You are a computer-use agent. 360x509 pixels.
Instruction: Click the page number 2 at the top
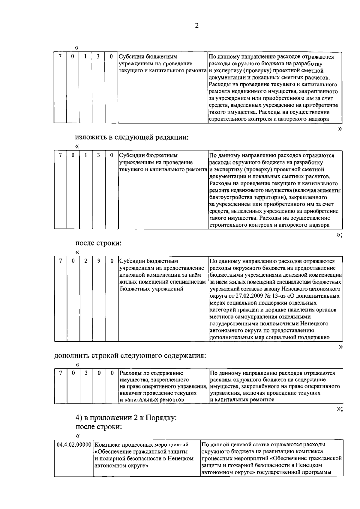tap(196, 26)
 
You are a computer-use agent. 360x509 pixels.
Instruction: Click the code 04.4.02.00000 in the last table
tap(74, 445)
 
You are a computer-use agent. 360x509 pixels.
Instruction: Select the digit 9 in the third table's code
tap(99, 261)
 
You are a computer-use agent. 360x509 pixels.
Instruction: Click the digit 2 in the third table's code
tap(86, 261)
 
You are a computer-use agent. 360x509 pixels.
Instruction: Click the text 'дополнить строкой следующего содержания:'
tap(130, 356)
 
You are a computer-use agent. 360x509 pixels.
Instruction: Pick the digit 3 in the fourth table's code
tap(86, 373)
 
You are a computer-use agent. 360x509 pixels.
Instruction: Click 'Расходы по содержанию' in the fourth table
tap(151, 374)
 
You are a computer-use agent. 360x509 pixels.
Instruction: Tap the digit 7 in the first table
tap(60, 57)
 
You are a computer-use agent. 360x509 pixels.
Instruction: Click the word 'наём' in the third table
tap(198, 275)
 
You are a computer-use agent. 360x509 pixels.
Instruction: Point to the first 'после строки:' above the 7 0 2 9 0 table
tap(98, 243)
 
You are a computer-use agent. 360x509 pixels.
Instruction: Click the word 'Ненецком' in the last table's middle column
tap(181, 459)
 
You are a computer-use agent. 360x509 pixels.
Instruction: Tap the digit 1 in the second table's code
tap(86, 155)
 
